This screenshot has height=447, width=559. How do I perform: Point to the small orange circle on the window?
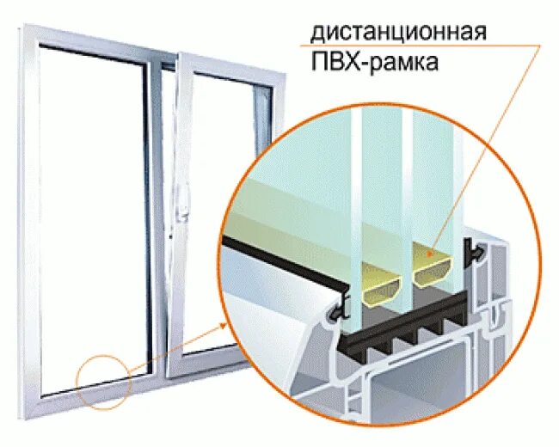(103, 379)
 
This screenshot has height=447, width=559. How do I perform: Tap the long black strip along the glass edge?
(284, 259)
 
